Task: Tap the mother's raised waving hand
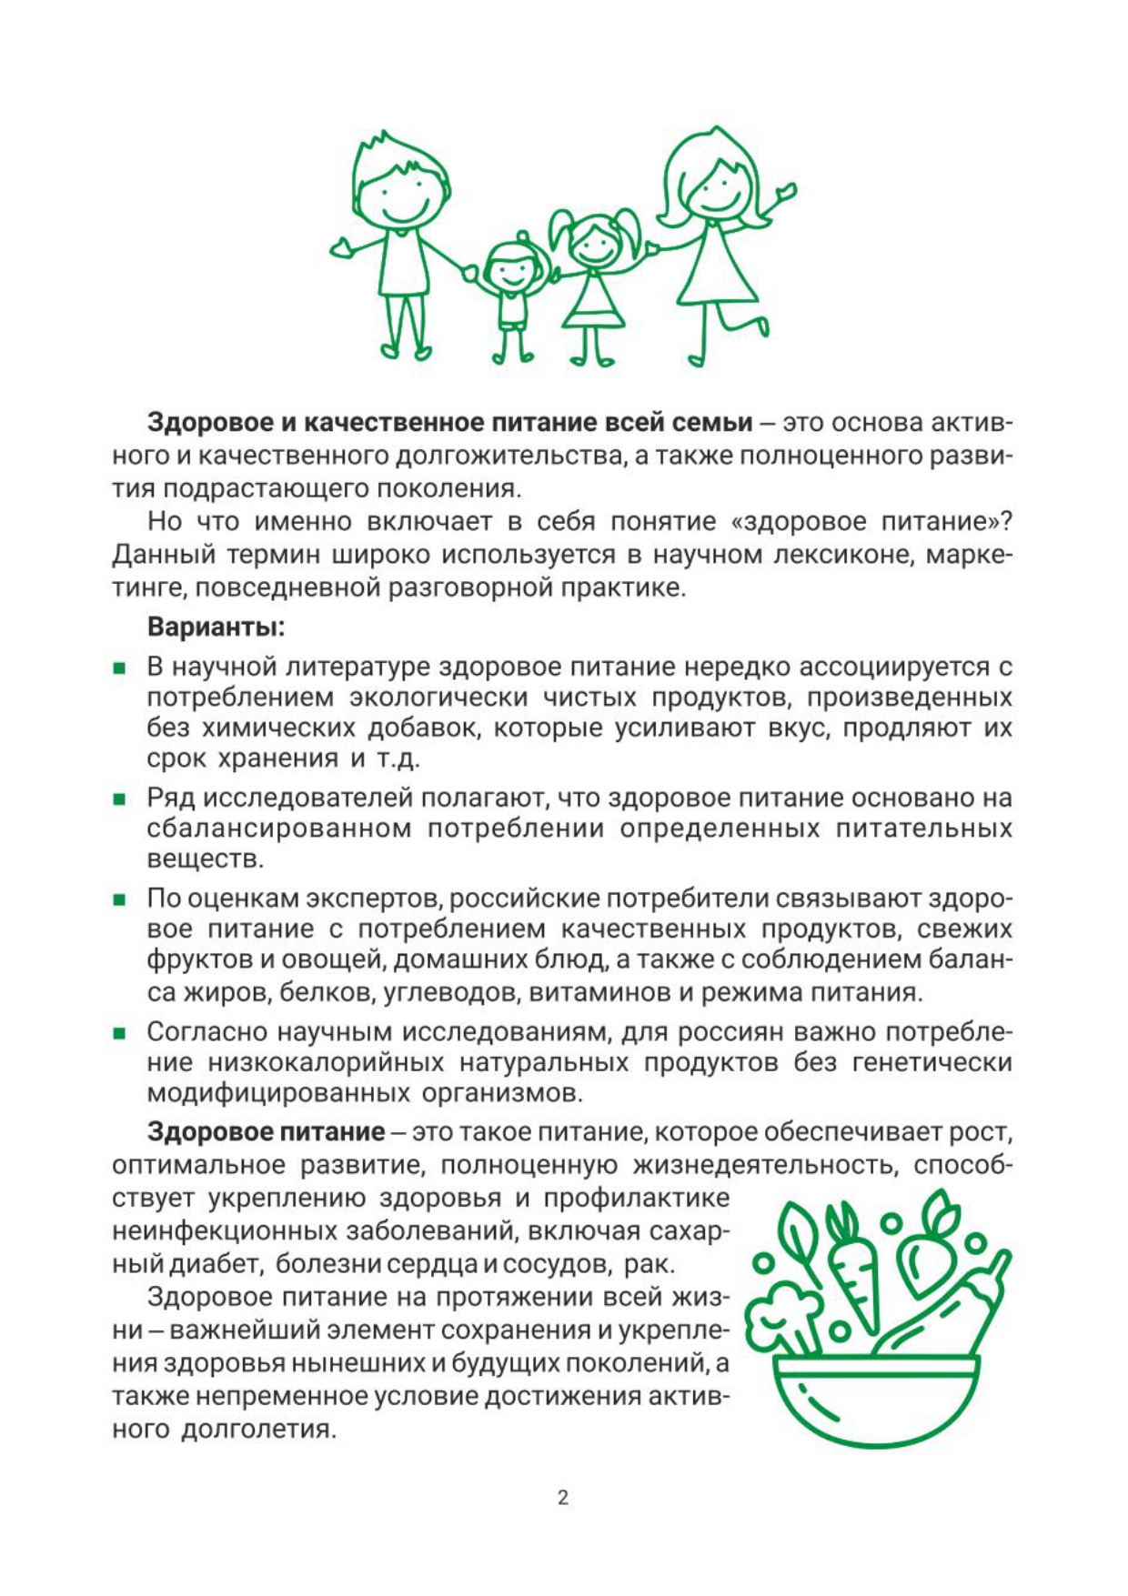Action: click(x=784, y=194)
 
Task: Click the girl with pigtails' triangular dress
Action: click(x=593, y=301)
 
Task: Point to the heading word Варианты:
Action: click(x=216, y=627)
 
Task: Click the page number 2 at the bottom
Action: click(x=563, y=1497)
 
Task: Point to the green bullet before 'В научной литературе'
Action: click(x=119, y=669)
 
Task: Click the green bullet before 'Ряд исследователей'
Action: click(x=119, y=800)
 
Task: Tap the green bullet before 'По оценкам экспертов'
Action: click(x=119, y=900)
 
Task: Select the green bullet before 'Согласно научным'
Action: click(x=119, y=1034)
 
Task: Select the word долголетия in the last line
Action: click(x=258, y=1429)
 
